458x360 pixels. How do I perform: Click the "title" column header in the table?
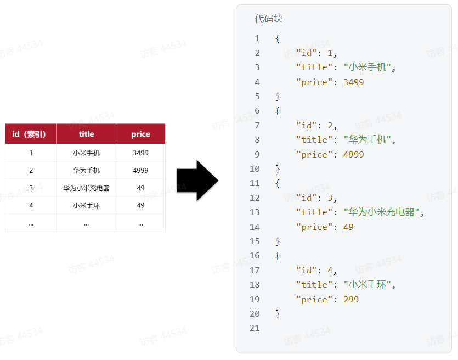click(x=86, y=134)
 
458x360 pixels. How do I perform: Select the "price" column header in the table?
click(x=140, y=134)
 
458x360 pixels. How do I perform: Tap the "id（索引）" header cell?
click(x=31, y=134)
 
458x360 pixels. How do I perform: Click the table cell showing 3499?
click(x=140, y=153)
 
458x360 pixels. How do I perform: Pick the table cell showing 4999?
click(x=140, y=171)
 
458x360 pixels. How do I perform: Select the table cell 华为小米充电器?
click(x=86, y=188)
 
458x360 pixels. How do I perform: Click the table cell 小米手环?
click(x=86, y=205)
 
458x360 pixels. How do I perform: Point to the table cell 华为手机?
click(x=86, y=171)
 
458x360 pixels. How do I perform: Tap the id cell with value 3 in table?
click(x=31, y=188)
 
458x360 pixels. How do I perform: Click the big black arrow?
click(x=197, y=181)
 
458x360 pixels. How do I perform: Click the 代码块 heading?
click(x=268, y=19)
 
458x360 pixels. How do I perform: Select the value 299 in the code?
click(x=351, y=300)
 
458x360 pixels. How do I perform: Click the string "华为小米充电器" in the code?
click(x=383, y=212)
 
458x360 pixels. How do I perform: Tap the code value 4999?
click(x=353, y=155)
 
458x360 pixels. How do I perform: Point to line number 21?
click(x=255, y=328)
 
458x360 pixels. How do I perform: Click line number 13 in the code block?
click(x=255, y=212)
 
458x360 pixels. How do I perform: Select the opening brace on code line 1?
click(x=278, y=38)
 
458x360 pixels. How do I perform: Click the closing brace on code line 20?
click(x=278, y=314)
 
